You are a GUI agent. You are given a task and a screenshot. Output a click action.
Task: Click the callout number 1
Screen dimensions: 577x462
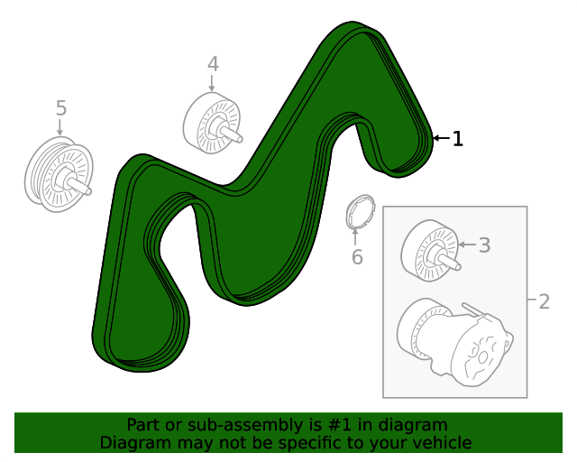[x=457, y=139]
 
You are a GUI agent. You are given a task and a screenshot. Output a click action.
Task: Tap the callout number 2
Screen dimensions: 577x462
[x=544, y=301]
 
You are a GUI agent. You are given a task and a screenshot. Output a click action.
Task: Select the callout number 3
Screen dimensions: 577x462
[x=485, y=245]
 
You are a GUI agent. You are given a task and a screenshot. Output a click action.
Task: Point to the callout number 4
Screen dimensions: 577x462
[x=213, y=64]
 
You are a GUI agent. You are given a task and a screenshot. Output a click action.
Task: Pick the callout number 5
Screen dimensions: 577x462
[x=61, y=108]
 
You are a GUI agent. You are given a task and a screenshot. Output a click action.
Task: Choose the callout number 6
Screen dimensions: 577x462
[x=357, y=257]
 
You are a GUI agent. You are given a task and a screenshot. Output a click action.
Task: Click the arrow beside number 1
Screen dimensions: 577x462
[x=441, y=138]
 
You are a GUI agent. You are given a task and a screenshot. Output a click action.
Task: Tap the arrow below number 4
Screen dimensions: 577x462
[x=212, y=83]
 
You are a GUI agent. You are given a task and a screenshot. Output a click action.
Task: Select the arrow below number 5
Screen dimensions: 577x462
[x=60, y=127]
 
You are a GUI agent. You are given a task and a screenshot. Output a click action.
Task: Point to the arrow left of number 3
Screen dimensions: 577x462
[x=467, y=245]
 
